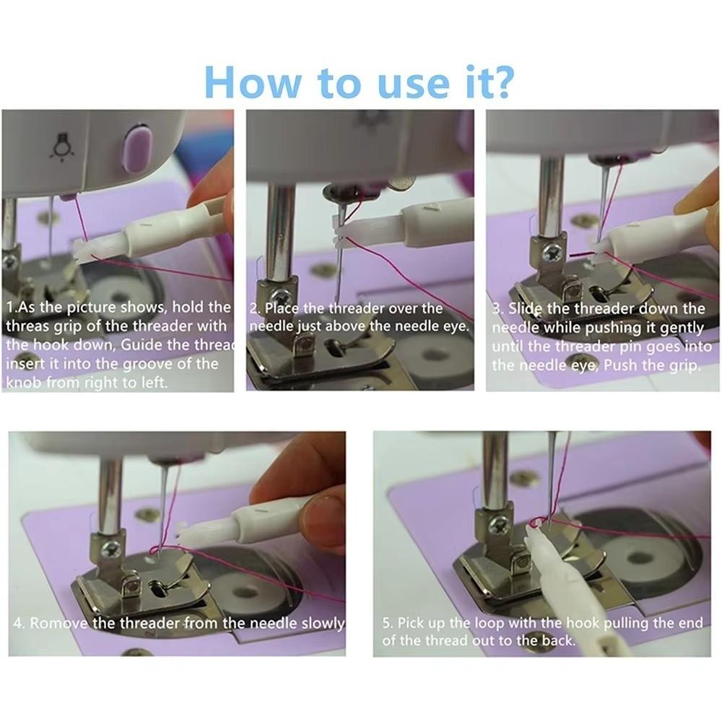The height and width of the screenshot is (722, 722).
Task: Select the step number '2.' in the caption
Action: (x=256, y=309)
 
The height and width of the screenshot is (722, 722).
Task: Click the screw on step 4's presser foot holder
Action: (x=112, y=549)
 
